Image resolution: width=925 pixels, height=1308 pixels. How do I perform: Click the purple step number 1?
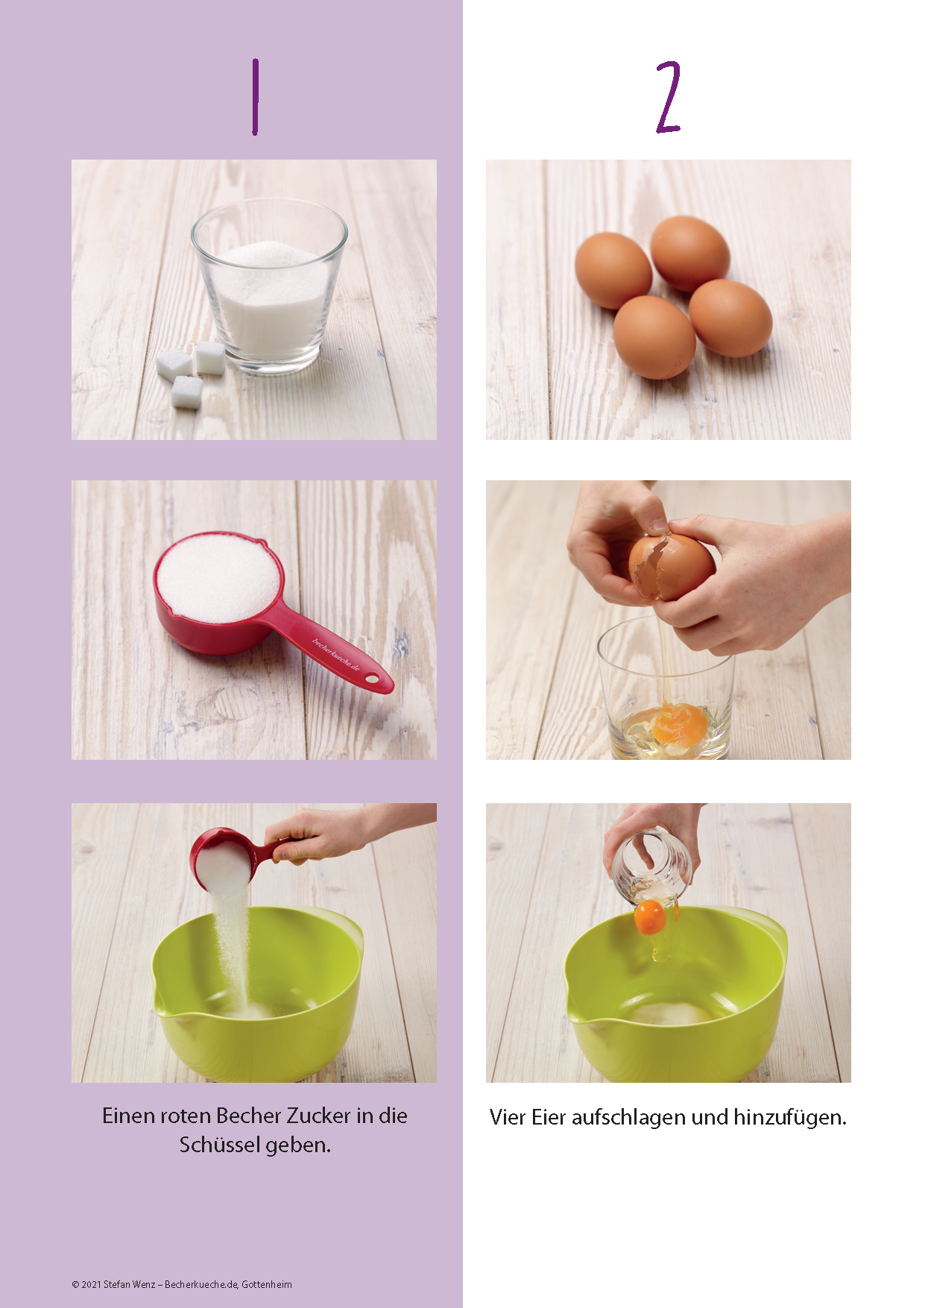255,97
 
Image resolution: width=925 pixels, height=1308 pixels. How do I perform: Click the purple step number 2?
669,97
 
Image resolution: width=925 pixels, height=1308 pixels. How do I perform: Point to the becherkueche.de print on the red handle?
335,655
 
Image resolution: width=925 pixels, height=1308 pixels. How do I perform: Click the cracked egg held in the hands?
671,567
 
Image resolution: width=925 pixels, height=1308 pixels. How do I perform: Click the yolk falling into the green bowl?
649,917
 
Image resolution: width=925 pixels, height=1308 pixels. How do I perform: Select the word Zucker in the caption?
318,1116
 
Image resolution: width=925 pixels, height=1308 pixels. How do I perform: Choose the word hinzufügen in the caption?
790,1118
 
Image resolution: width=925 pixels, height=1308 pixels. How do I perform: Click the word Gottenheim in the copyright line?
267,1284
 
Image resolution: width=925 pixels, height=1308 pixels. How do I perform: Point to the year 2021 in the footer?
91,1284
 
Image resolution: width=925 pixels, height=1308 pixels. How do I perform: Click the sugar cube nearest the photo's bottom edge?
187,392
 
